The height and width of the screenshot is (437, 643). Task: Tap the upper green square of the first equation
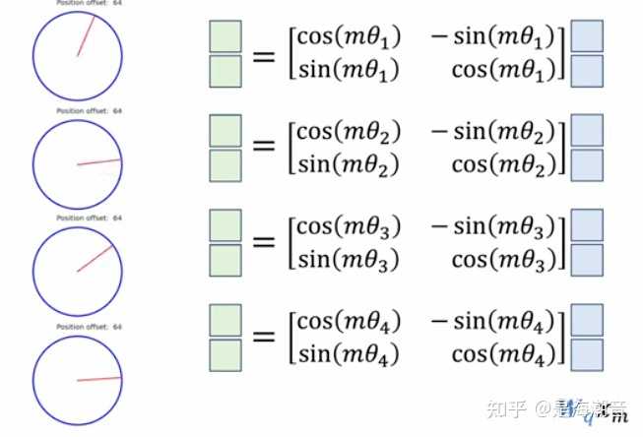pyautogui.click(x=225, y=38)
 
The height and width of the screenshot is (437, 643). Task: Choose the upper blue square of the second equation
pyautogui.click(x=587, y=132)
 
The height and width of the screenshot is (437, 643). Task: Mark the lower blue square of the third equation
pyautogui.click(x=587, y=260)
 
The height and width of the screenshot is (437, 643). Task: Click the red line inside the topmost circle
pyautogui.click(x=84, y=36)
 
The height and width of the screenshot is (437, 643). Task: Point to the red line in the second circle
pyautogui.click(x=98, y=161)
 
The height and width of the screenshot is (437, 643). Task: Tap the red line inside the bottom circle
pyautogui.click(x=98, y=378)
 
